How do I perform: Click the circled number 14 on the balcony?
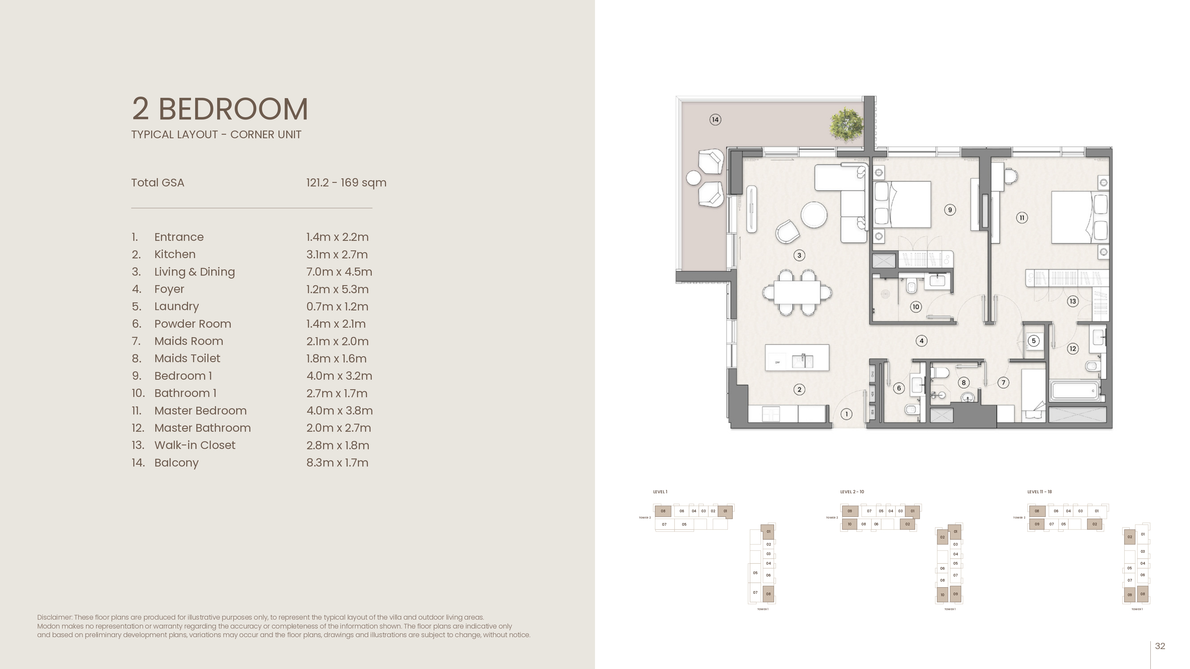(715, 120)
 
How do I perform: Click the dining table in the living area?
(797, 293)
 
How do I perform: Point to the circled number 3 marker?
(799, 255)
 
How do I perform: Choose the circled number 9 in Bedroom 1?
(950, 210)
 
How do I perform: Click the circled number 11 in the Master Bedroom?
(1022, 217)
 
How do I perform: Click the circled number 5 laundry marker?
(1034, 341)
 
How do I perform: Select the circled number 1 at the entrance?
(846, 414)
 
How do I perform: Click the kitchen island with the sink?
(797, 357)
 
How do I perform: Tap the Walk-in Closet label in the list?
(195, 445)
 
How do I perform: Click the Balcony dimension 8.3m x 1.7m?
(337, 463)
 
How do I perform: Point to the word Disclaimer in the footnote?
(54, 617)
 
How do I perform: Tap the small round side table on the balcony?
(693, 178)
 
